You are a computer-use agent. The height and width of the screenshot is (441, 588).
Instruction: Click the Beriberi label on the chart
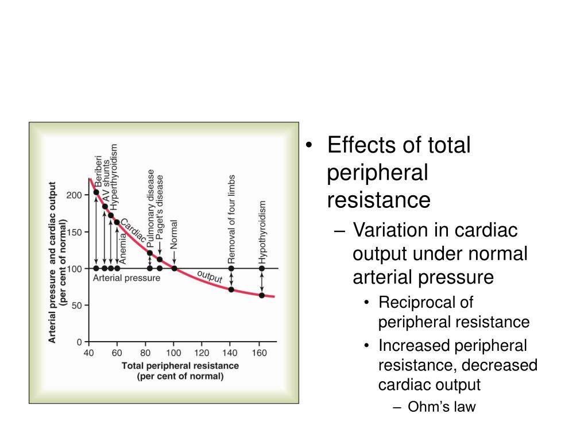[98, 171]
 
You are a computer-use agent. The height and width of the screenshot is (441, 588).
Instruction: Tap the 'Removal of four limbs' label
[231, 218]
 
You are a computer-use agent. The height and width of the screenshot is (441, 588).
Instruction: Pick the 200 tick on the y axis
[75, 195]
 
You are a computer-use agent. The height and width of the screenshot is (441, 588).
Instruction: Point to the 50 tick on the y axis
[77, 305]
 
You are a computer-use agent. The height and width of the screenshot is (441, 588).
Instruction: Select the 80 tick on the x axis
[146, 353]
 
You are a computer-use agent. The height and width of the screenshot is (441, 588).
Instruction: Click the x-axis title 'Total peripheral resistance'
[180, 366]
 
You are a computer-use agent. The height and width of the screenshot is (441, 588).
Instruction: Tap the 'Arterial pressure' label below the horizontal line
[126, 278]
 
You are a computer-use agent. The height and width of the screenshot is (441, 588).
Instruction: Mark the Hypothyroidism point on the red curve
[262, 295]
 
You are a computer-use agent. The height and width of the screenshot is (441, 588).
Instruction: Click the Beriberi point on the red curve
[96, 192]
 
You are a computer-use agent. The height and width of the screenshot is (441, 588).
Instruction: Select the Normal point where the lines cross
[174, 268]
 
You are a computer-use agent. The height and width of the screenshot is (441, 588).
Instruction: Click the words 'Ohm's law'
[442, 407]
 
